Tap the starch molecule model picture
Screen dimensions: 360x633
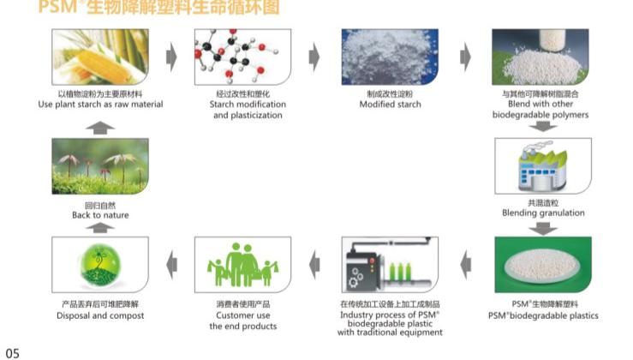coord(242,57)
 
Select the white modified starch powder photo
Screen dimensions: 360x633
coord(390,57)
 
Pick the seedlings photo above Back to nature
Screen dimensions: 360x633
coord(100,166)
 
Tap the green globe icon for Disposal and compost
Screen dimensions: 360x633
coord(100,266)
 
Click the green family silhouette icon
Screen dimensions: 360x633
coord(242,266)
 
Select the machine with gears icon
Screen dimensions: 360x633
coord(390,266)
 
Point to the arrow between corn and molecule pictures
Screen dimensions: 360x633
coord(170,57)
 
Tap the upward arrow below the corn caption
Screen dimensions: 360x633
coord(100,127)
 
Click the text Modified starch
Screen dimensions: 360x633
coord(390,105)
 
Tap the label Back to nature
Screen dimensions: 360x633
coord(100,215)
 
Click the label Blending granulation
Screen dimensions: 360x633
coord(543,213)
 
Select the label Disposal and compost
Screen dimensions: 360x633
coord(100,315)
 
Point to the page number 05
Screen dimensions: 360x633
coord(12,351)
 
